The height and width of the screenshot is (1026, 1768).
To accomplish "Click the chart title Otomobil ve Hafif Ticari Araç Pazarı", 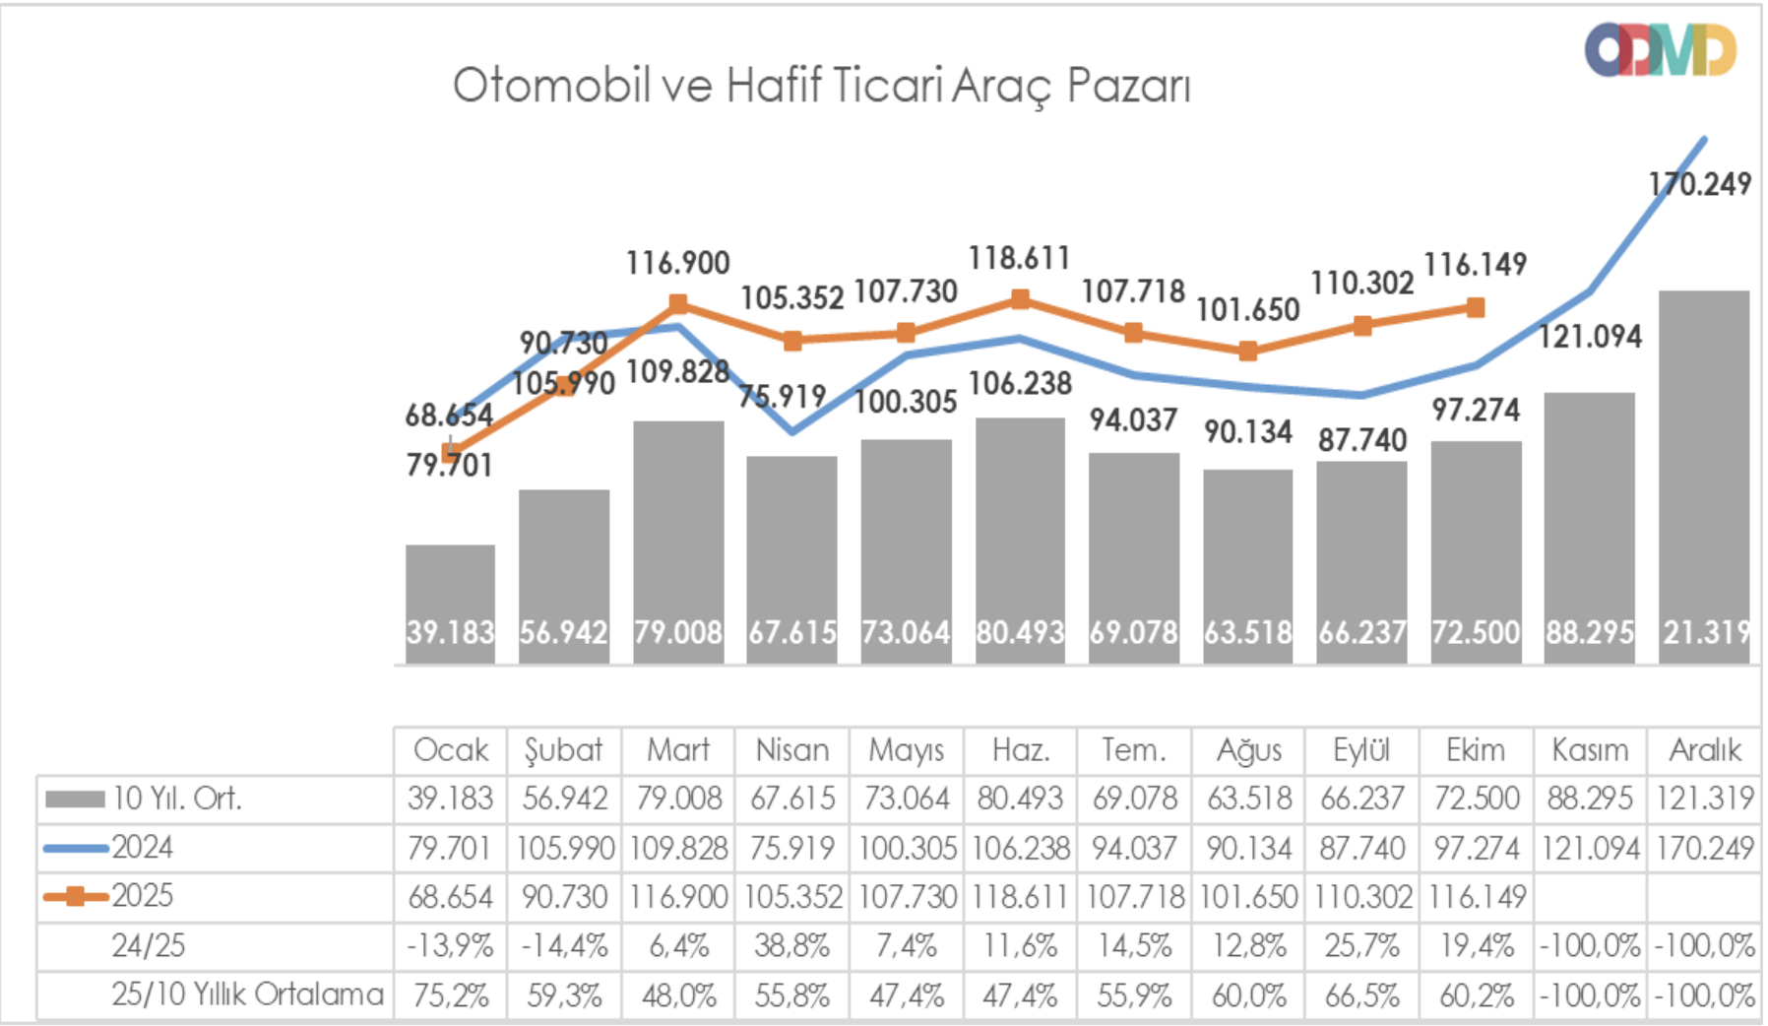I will click(x=821, y=86).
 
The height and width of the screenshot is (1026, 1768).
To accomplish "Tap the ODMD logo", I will click(x=1660, y=50).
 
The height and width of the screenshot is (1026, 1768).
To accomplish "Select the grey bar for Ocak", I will click(x=450, y=591).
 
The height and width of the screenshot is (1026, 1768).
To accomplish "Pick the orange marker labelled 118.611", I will click(x=1020, y=298).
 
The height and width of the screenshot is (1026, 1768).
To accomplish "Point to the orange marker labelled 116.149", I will click(x=1475, y=308).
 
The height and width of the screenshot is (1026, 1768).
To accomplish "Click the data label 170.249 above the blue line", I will click(x=1700, y=184).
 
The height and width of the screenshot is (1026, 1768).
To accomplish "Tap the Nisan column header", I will click(x=791, y=750).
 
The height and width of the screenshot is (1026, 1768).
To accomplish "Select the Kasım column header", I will click(x=1590, y=750).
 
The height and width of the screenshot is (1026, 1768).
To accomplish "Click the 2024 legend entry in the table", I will click(x=142, y=847).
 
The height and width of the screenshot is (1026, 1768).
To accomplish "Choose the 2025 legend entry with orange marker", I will click(x=142, y=896).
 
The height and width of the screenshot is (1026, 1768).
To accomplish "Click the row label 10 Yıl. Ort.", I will click(x=176, y=799).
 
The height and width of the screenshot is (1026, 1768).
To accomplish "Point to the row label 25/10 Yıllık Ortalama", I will click(x=247, y=994).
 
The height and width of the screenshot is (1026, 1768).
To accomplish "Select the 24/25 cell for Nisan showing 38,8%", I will click(x=791, y=945).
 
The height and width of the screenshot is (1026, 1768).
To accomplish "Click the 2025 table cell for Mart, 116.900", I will click(x=678, y=896).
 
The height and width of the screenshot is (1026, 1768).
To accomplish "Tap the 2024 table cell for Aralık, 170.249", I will click(x=1705, y=847).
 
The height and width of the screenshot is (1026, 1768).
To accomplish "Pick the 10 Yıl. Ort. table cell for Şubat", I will click(x=564, y=799).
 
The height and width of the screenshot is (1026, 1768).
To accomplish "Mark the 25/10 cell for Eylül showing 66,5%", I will click(x=1361, y=994).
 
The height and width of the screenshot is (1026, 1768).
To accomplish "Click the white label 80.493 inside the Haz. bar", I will click(x=1020, y=632).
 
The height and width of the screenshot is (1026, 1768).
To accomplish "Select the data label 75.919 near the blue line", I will click(x=783, y=396).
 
